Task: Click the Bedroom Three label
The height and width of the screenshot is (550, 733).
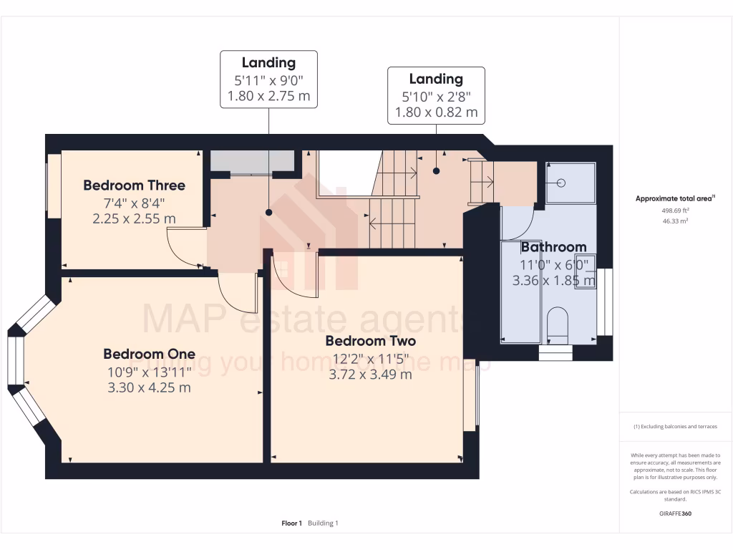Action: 134,185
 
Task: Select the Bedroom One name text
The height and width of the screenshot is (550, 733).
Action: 149,354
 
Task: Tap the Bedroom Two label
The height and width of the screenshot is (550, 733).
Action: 370,340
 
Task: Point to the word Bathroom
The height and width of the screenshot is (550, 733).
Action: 553,247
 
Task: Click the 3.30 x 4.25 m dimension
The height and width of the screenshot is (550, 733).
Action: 149,387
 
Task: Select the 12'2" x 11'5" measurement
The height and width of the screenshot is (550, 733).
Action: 370,357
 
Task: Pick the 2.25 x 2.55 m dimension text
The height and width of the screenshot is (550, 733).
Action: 134,218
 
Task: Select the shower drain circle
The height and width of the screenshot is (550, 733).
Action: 562,183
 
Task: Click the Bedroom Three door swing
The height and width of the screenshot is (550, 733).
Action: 183,247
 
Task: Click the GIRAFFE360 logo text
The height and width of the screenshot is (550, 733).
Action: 676,513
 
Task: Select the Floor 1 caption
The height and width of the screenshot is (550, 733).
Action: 292,524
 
